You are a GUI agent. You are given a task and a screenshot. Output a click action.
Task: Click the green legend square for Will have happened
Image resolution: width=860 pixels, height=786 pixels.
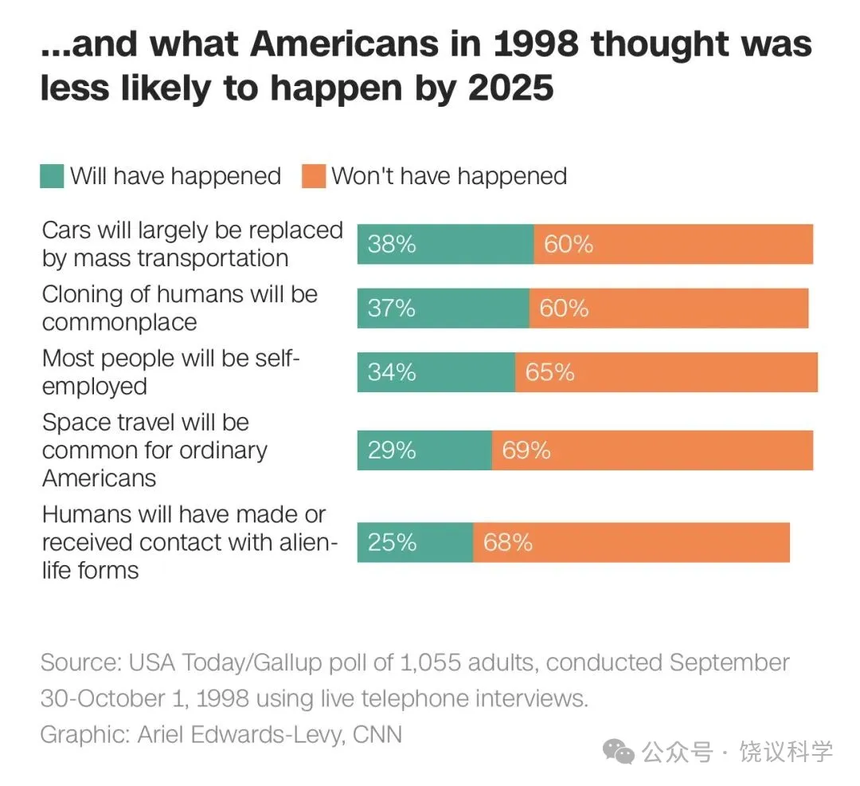tap(52, 176)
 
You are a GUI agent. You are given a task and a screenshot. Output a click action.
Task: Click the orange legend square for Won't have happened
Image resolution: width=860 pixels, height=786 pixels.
tap(313, 176)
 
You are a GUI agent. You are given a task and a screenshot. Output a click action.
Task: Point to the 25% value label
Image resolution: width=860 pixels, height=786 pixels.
tap(392, 543)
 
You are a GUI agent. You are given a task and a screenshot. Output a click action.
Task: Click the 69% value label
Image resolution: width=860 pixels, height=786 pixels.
tap(526, 450)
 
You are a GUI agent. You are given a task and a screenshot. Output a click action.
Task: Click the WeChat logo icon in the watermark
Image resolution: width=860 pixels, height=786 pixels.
tap(619, 751)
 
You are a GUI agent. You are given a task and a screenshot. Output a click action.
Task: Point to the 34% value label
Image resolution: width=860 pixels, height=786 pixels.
tap(392, 372)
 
